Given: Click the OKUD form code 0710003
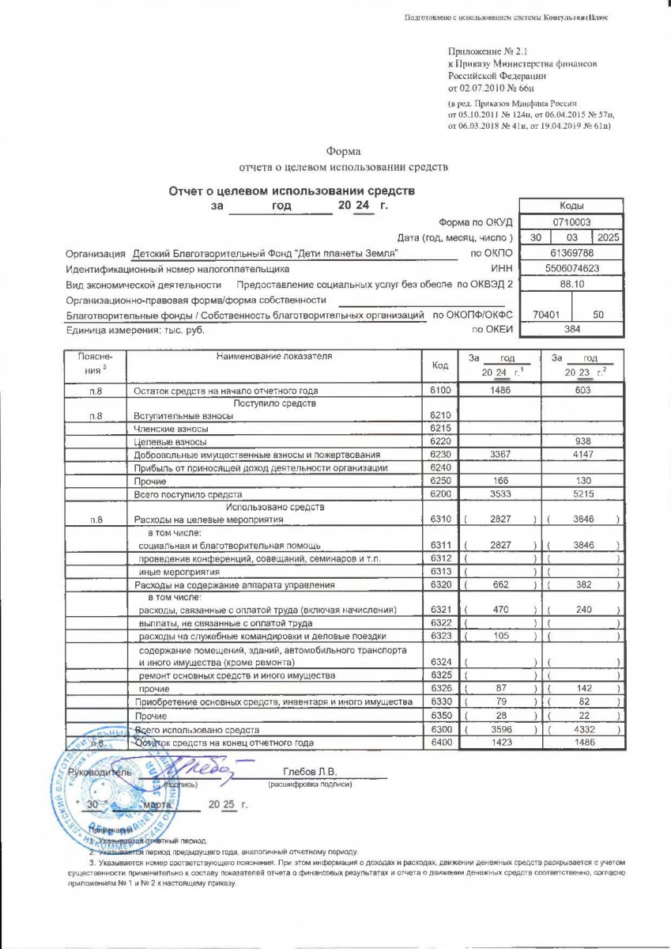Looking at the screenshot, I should (571, 222).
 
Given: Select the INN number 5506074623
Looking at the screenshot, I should (571, 268).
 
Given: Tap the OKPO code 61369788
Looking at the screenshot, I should (571, 253).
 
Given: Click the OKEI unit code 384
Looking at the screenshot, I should (571, 329).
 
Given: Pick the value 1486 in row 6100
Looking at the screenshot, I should (499, 391).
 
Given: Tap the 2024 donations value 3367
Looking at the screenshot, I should (499, 455).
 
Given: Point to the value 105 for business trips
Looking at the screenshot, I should (499, 637).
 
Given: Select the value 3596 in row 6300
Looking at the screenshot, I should (499, 729).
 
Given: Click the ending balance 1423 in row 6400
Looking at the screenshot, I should (499, 743).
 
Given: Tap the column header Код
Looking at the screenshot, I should (441, 365).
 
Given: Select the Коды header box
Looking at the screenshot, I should (571, 205).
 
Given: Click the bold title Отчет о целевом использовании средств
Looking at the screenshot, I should (292, 191).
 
